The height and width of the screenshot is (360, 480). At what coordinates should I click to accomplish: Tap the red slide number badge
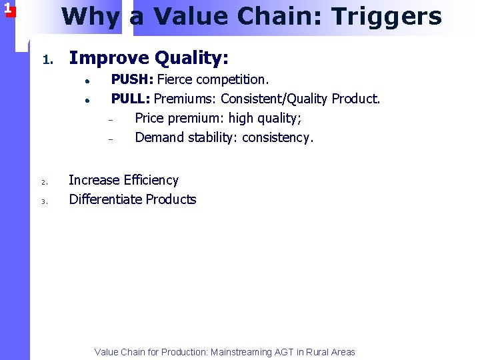click(x=7, y=9)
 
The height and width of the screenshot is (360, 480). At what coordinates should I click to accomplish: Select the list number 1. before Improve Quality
click(x=47, y=61)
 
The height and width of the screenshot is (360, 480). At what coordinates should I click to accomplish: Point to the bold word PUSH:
click(x=132, y=80)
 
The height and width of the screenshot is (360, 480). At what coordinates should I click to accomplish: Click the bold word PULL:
click(x=131, y=99)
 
